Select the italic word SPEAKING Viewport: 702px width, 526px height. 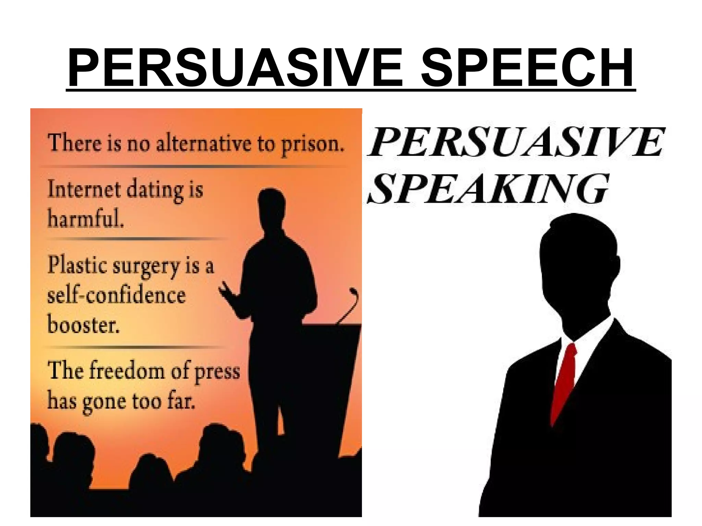click(488, 188)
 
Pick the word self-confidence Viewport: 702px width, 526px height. click(117, 295)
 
